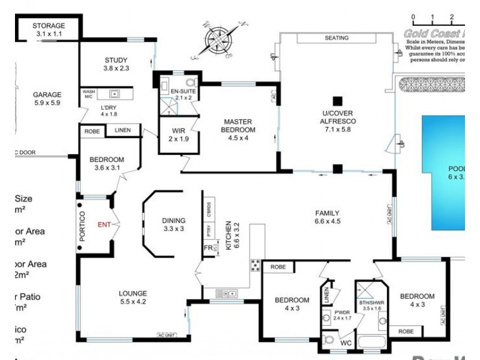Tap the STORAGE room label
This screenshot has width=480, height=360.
(49, 30)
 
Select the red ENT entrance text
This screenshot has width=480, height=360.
(104, 225)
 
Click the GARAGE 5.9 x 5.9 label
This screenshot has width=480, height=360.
(47, 98)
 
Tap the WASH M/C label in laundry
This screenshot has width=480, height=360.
(88, 94)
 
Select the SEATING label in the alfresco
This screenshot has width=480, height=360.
(337, 38)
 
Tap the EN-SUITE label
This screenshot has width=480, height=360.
(181, 94)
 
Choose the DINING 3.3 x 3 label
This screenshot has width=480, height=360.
(174, 224)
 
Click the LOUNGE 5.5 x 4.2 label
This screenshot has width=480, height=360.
(133, 298)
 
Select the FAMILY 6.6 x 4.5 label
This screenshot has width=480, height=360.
(328, 217)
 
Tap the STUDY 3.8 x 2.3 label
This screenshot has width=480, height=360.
(116, 64)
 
